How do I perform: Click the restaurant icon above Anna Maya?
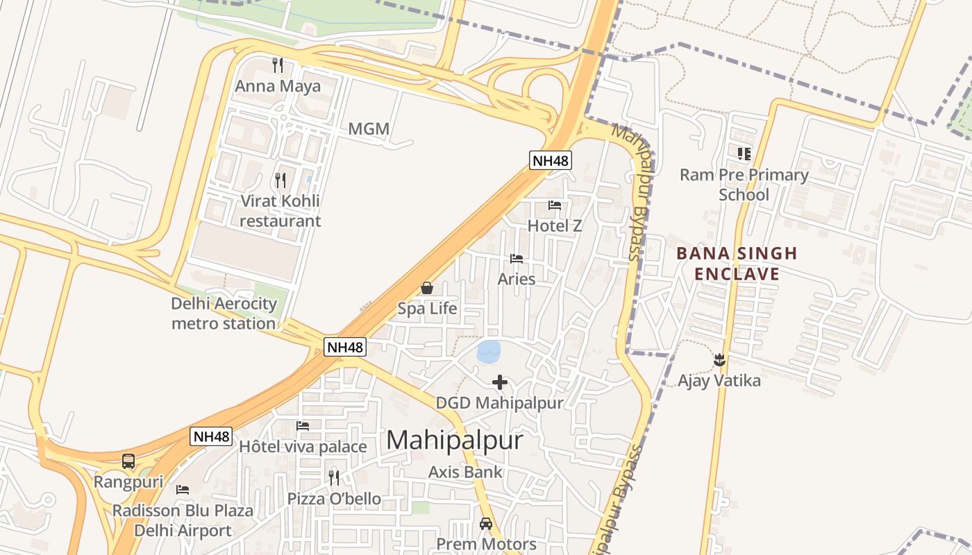pos(278,65)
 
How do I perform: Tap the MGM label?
pos(369,129)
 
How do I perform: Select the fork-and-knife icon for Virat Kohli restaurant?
pos(280,180)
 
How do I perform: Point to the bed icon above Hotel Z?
pos(555,205)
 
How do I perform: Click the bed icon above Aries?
pos(517,259)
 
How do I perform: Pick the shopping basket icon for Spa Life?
pos(427,288)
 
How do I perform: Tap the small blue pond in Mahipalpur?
pos(488,351)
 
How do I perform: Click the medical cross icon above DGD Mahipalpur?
pos(500,382)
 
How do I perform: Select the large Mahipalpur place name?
pos(454,440)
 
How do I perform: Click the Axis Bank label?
pos(465,472)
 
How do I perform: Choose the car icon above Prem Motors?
pos(486,524)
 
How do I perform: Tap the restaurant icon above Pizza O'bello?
pos(334,478)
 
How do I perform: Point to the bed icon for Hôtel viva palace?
pos(303,426)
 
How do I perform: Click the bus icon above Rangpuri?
pos(128,461)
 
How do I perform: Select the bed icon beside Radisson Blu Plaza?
pos(183,490)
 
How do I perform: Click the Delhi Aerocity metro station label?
pos(224,314)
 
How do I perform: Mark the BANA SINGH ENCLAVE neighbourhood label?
pos(737,264)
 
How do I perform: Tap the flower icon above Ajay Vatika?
pos(719,360)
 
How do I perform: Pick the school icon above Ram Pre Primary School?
pos(744,154)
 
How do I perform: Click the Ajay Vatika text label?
pos(719,381)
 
